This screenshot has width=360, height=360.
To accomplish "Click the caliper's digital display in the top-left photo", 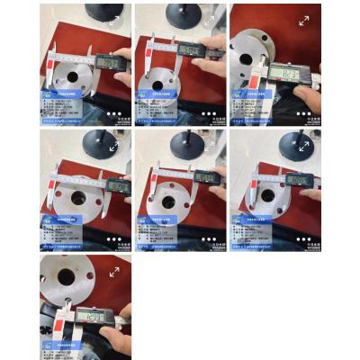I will tap(108, 62).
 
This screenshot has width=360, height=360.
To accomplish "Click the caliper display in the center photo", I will tap(206, 176).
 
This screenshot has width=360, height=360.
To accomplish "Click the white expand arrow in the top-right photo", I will tap(303, 20).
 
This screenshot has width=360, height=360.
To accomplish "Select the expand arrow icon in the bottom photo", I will tap(114, 271).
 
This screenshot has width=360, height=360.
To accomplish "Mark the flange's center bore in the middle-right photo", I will tap(267, 194).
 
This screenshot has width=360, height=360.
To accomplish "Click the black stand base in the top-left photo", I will tap(92, 13).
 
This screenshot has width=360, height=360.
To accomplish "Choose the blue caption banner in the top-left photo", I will tap(66, 92).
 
